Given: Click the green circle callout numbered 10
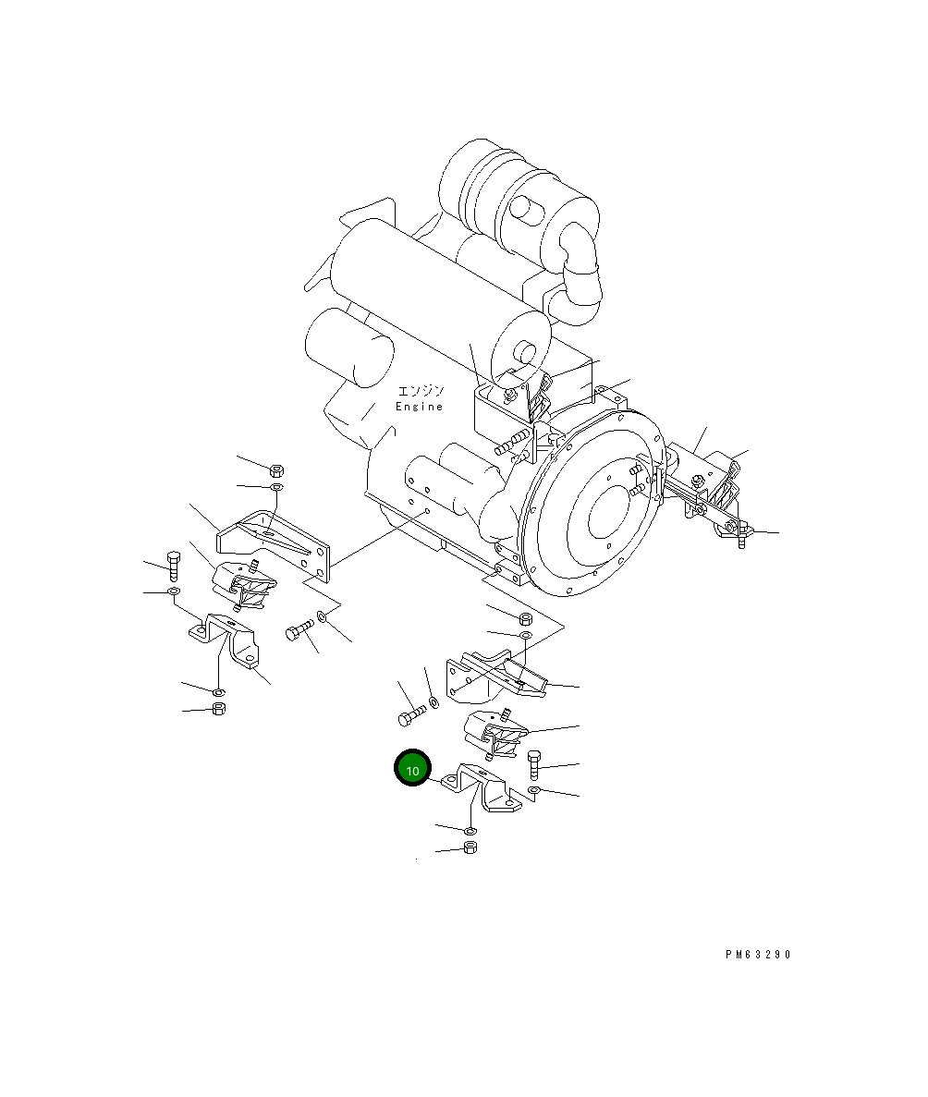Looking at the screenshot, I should (413, 769).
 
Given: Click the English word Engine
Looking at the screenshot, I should (420, 407).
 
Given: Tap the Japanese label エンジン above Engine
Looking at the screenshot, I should (421, 391).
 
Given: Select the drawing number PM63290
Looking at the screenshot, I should (758, 955).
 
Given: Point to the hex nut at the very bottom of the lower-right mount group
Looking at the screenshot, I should (469, 847).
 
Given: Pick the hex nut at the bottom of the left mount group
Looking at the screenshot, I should (219, 709).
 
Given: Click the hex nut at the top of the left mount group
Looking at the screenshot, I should (276, 469).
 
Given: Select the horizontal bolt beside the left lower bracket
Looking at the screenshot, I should (297, 631).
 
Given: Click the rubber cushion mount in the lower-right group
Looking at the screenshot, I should (495, 735).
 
